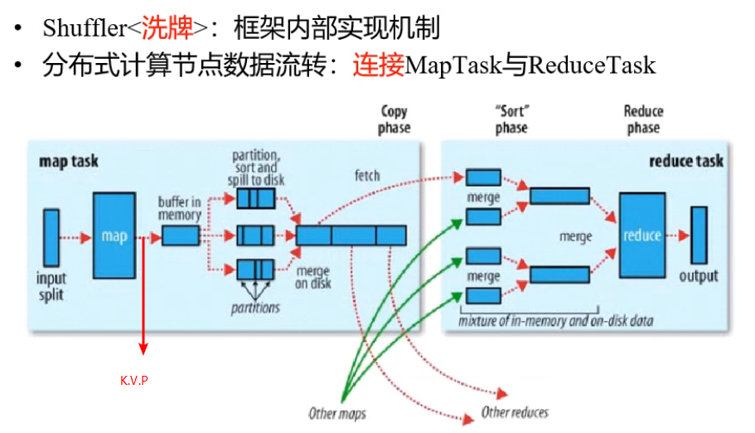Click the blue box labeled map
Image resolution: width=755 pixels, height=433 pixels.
[114, 236]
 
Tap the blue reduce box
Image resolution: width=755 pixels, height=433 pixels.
[642, 236]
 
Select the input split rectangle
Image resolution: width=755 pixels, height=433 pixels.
[51, 237]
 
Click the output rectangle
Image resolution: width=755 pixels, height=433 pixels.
[699, 236]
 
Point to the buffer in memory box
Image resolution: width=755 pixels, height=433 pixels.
[181, 236]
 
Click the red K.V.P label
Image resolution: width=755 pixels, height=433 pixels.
[134, 381]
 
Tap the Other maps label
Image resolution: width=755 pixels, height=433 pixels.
[337, 413]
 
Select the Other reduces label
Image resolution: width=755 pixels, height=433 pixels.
[515, 412]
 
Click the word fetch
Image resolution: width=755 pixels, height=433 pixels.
[367, 176]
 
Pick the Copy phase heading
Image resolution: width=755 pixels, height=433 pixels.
[394, 119]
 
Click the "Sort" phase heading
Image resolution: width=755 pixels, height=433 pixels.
[511, 119]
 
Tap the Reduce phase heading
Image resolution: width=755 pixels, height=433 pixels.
[643, 119]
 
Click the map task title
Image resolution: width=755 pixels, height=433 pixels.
[69, 161]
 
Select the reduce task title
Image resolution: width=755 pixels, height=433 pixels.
[686, 161]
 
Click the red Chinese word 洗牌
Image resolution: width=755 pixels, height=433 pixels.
[167, 27]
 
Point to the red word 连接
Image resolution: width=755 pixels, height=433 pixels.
[379, 65]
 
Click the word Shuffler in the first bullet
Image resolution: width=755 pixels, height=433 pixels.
[85, 27]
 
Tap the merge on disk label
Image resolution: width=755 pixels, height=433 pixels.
[313, 277]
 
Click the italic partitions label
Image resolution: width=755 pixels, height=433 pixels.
[255, 308]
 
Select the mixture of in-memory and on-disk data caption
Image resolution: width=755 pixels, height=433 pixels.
[555, 321]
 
